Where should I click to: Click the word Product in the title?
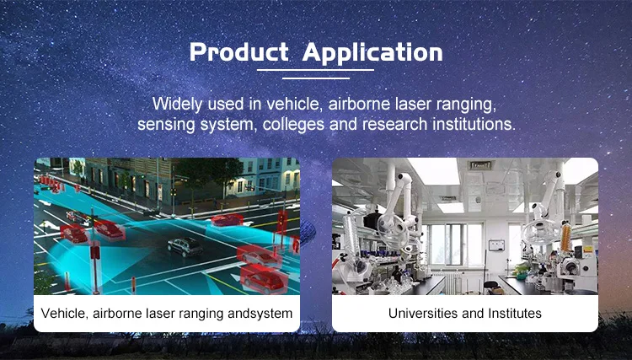click(239, 52)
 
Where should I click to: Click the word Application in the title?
click(372, 53)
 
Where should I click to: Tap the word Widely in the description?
click(177, 105)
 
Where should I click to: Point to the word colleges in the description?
click(293, 125)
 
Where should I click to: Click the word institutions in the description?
click(474, 124)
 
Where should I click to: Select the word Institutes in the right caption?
click(515, 314)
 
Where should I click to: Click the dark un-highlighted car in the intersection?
click(185, 246)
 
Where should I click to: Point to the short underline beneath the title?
click(316, 78)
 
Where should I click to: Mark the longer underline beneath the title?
click(316, 70)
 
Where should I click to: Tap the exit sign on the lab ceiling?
click(481, 165)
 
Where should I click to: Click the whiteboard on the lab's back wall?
click(496, 245)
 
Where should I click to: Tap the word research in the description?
click(394, 125)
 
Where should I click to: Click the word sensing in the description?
click(166, 125)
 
